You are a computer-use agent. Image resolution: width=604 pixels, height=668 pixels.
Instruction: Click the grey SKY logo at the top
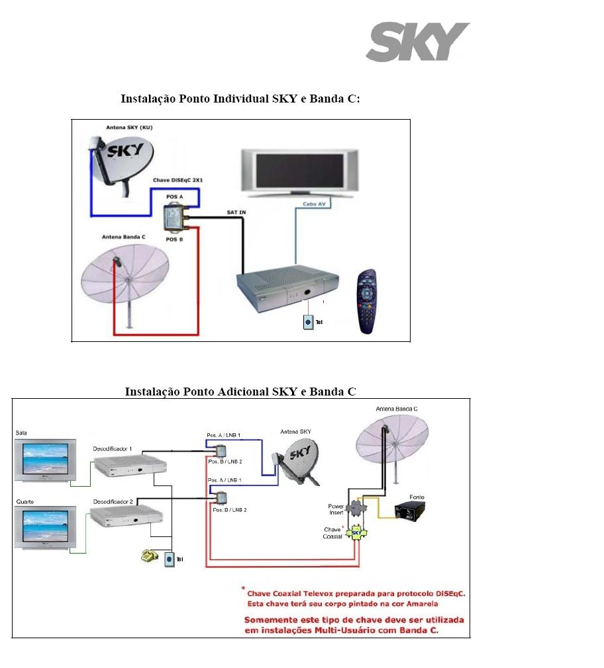[418, 42]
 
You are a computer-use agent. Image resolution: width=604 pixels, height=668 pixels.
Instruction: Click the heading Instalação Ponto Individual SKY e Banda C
[240, 99]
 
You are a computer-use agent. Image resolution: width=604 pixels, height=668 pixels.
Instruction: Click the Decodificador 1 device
[127, 467]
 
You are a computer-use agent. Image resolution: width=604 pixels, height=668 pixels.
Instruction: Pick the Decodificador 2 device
[127, 516]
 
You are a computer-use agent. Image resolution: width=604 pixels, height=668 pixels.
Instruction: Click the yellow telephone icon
[149, 556]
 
